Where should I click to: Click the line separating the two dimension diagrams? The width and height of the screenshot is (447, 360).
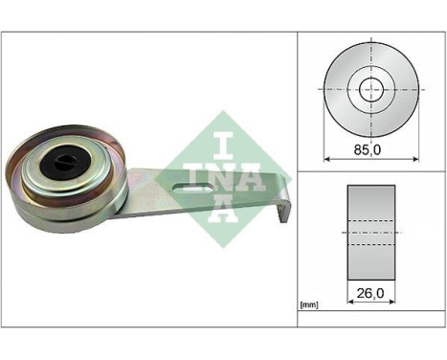click(370, 170)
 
